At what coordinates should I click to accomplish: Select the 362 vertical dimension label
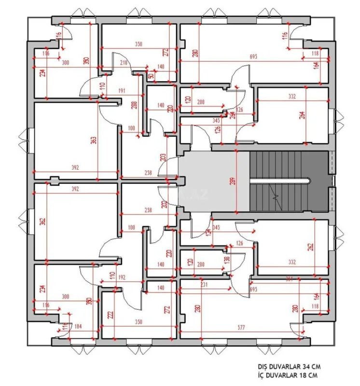(x=42, y=222)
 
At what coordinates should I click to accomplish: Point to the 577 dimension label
(x=241, y=328)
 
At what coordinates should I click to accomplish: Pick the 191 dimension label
(x=122, y=91)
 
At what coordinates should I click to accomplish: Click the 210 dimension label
(x=123, y=63)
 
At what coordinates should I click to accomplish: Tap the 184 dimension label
(x=77, y=327)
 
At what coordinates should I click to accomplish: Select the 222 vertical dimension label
(x=111, y=315)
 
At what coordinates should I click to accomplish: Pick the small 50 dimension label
(x=152, y=76)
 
